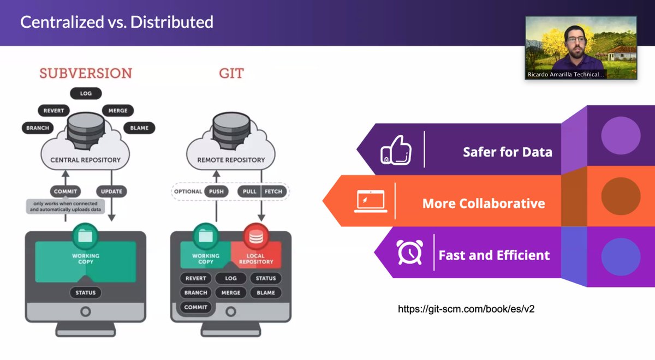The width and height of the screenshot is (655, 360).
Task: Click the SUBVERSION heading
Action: tap(86, 73)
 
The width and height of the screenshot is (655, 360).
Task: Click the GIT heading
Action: tap(231, 73)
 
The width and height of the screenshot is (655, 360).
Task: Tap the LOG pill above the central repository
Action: tap(86, 94)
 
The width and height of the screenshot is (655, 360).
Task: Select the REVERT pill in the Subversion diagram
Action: tap(54, 111)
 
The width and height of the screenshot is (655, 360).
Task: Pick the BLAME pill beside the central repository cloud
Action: tap(139, 128)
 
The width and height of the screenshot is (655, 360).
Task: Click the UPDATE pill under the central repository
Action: tap(111, 191)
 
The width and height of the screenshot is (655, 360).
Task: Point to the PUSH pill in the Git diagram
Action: tap(216, 191)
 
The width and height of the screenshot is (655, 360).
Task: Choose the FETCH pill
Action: tap(273, 191)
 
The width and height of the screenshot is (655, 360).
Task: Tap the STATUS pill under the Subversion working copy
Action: tap(86, 292)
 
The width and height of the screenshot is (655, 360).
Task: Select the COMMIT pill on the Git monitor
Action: tap(195, 307)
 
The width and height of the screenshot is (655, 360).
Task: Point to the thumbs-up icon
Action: tap(396, 149)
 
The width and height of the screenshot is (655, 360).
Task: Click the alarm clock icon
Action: tap(409, 252)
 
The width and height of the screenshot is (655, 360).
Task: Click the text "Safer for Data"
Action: tap(507, 152)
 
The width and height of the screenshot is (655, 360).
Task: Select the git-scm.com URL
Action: tap(466, 309)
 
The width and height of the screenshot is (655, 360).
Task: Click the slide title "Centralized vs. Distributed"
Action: tap(116, 22)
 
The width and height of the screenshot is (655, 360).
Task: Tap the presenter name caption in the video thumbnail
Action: tap(566, 75)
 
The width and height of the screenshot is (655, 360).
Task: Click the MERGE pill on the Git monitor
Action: tap(231, 292)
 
